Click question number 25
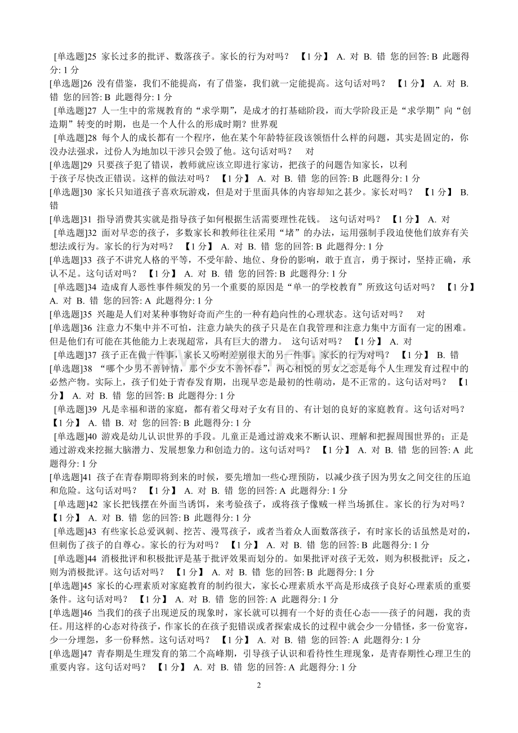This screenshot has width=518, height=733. coord(92,56)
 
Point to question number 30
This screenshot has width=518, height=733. coord(87,192)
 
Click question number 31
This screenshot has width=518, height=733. coord(87,219)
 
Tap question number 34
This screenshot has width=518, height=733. coord(92,287)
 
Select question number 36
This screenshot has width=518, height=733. coord(87,327)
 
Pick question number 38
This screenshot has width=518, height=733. coord(87,368)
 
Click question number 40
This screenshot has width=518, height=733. coord(92,436)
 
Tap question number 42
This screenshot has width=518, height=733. coord(92,504)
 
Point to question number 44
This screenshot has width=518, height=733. coord(92,558)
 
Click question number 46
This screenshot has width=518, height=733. coord(87,612)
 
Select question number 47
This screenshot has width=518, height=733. coord(87,653)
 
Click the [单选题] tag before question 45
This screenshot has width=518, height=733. coord(67,585)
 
